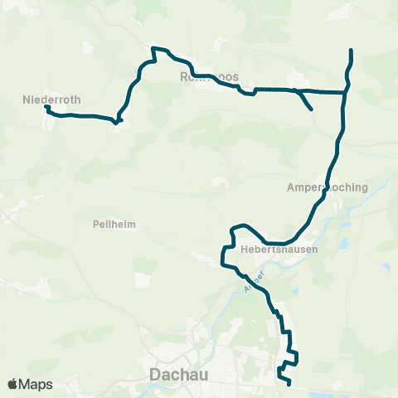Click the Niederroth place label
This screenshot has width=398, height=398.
click(x=51, y=99)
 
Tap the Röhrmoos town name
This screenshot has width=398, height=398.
click(x=209, y=77)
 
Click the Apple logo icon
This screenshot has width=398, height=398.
click(x=13, y=384)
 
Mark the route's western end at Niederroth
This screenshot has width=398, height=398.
click(x=46, y=107)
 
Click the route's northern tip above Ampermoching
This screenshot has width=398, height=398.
click(x=352, y=51)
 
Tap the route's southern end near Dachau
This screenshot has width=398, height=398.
click(x=289, y=384)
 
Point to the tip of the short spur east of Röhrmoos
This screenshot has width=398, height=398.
click(x=311, y=109)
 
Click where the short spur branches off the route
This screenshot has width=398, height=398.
click(x=295, y=90)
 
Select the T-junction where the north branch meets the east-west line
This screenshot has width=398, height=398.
click(x=344, y=91)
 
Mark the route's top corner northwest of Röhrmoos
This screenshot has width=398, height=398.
click(x=153, y=49)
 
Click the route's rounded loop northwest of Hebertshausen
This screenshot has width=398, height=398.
click(x=238, y=227)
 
